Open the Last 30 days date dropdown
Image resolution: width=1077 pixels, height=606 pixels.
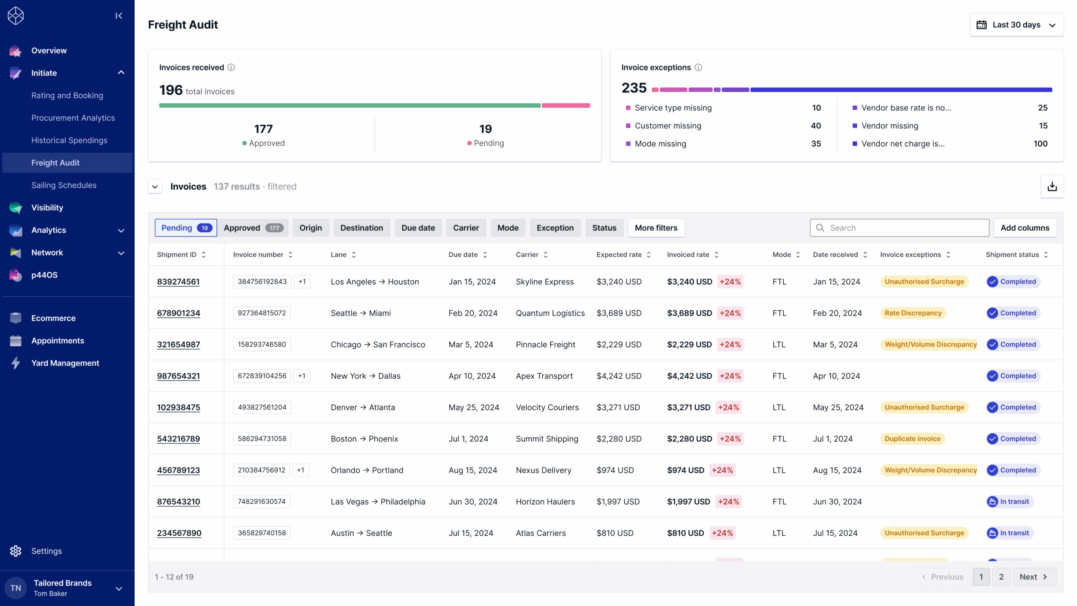coord(1016,25)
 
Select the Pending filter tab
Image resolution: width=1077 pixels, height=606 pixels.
coord(186,228)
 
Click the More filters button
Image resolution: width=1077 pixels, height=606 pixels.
coord(656,228)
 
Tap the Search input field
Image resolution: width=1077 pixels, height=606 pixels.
coord(899,228)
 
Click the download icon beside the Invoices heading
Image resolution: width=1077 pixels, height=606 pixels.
coord(1052,186)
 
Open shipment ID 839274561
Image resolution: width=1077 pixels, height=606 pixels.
coord(178,282)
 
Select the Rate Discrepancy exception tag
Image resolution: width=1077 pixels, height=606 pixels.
coord(913,313)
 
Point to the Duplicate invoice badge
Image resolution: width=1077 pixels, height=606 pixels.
coord(913,439)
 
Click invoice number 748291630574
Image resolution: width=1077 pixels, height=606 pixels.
coord(262,502)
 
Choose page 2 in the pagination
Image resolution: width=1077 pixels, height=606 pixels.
coord(1001,577)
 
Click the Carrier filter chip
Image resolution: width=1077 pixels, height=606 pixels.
coord(466,228)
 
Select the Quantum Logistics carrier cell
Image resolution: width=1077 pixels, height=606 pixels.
coord(550,313)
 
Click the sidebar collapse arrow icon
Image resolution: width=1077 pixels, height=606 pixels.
coord(119,16)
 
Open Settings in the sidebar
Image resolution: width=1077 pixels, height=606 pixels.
coord(46,551)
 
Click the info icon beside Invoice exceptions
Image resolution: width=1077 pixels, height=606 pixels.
coord(698,67)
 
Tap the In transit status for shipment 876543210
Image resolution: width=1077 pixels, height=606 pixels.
coord(1010,502)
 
